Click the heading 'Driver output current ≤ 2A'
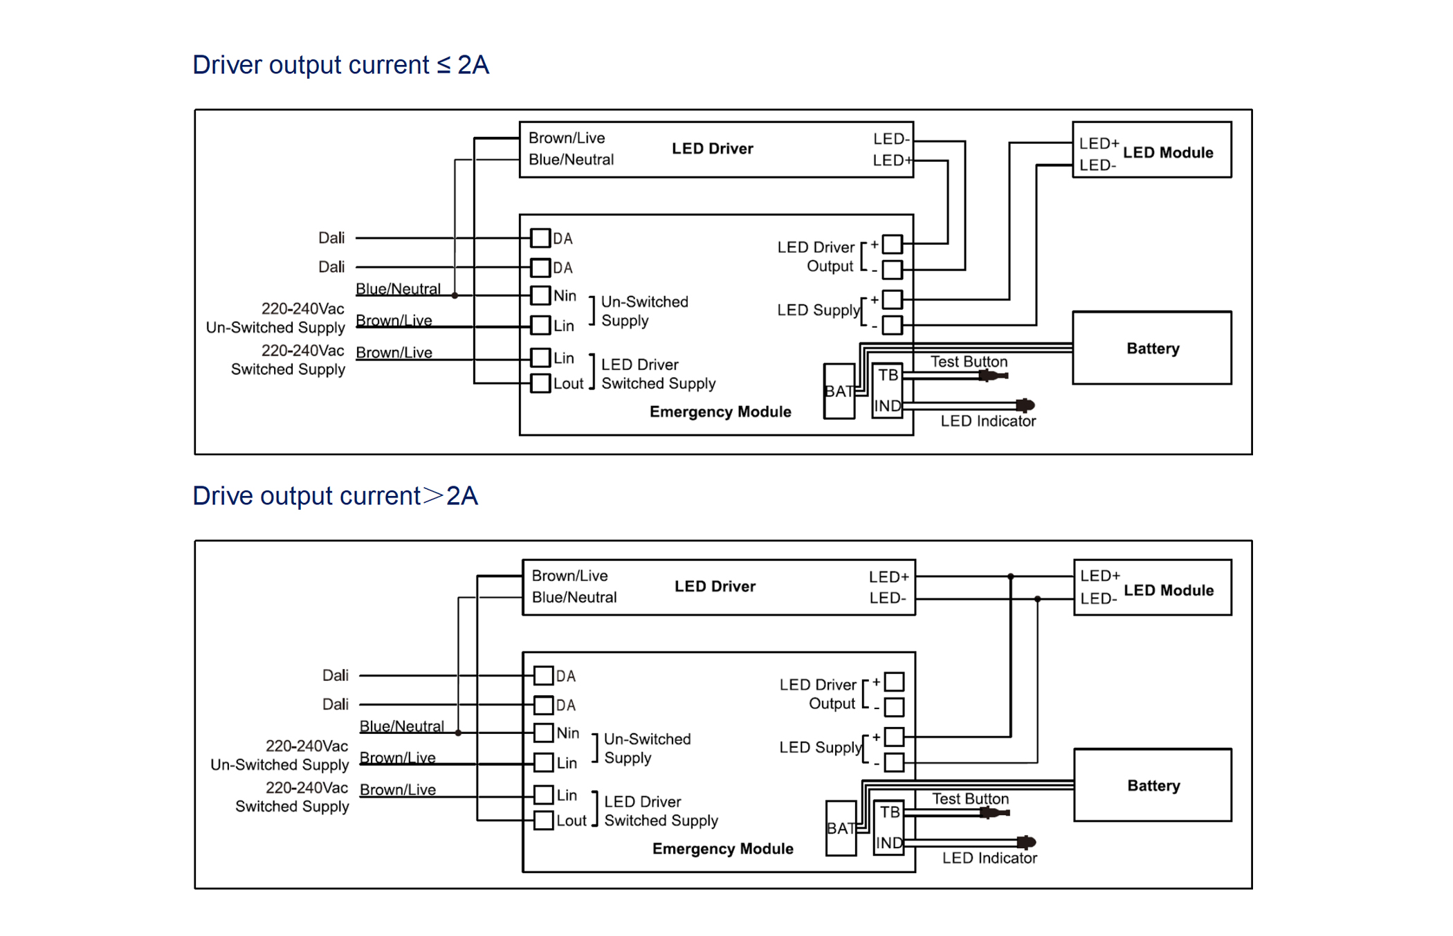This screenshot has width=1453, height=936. click(x=340, y=65)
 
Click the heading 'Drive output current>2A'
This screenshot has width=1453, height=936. click(x=335, y=496)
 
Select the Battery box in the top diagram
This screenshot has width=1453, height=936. click(x=1151, y=348)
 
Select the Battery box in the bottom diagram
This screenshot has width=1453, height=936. click(x=1152, y=785)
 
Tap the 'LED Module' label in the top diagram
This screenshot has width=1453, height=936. click(x=1168, y=153)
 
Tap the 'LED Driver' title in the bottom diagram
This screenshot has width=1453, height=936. click(x=715, y=587)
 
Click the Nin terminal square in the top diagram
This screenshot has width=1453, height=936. click(x=540, y=295)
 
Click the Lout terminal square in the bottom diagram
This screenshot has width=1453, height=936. click(x=544, y=820)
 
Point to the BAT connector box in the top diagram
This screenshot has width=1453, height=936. click(x=839, y=392)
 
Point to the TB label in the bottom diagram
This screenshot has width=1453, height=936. click(x=890, y=812)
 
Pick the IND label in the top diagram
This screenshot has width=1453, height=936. click(x=888, y=406)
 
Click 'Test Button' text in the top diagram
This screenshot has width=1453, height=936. click(x=969, y=362)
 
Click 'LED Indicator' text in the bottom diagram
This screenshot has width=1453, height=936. click(x=989, y=858)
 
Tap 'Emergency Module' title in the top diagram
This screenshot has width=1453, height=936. click(x=720, y=412)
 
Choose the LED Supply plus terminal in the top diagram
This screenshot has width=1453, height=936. click(x=893, y=300)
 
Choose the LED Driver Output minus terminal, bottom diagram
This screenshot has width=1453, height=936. click(x=895, y=707)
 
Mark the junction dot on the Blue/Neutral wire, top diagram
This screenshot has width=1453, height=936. click(x=455, y=295)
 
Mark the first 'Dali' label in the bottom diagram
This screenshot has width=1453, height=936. click(x=336, y=675)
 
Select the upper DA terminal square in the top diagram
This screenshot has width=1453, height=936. click(x=540, y=238)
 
